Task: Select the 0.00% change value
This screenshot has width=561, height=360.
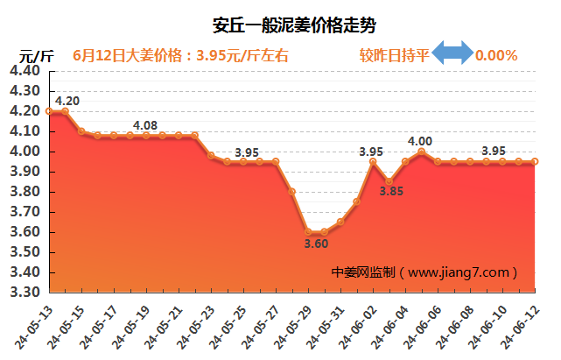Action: tap(496, 55)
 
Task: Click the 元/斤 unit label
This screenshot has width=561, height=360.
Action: tap(37, 55)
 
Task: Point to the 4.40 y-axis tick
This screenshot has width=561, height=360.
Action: tap(26, 71)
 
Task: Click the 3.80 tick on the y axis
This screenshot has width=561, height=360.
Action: tap(26, 192)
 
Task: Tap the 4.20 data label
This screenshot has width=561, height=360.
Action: tap(67, 101)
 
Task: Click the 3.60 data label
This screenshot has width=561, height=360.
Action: tap(316, 244)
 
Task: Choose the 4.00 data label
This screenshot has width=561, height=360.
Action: tap(420, 141)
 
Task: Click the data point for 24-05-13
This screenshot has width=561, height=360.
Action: tap(50, 111)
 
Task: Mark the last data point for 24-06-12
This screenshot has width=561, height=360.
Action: tap(535, 161)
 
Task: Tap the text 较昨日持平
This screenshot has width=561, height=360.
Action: tap(394, 55)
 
